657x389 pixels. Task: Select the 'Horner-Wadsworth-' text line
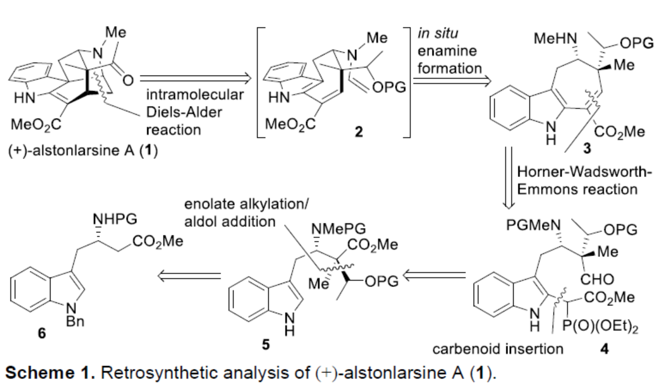[584, 172]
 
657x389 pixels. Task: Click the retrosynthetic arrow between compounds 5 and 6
[191, 277]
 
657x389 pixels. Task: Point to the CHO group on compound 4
[598, 279]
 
